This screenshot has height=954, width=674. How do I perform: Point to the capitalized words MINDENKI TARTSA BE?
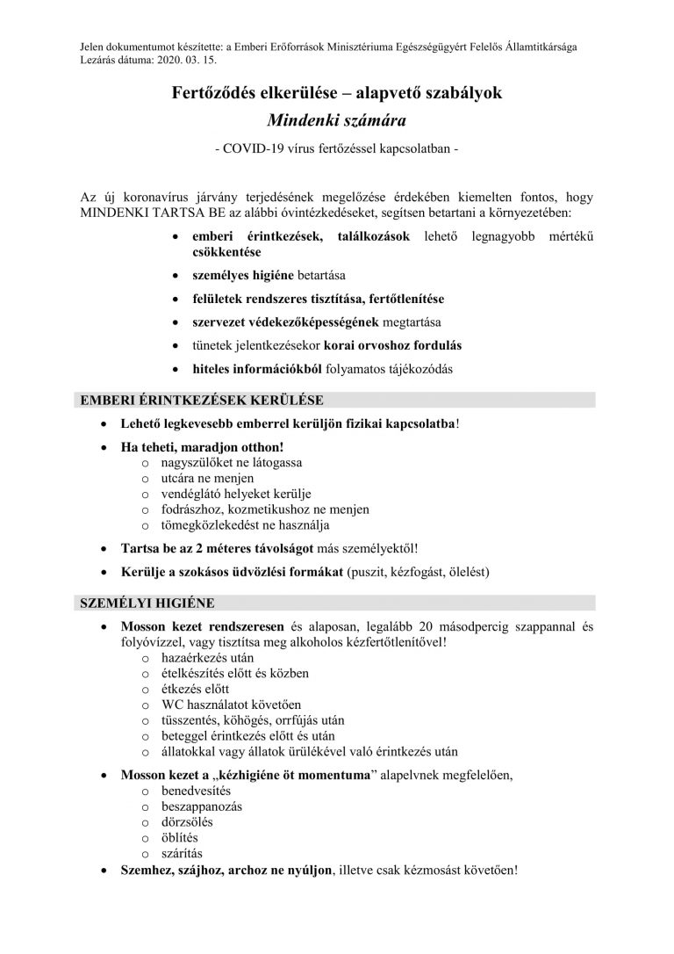tap(143, 214)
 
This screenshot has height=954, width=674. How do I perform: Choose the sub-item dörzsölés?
tap(187, 821)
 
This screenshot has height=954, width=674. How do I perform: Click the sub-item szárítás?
tap(181, 853)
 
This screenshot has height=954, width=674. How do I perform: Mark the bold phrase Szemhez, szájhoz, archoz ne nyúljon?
tap(226, 870)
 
